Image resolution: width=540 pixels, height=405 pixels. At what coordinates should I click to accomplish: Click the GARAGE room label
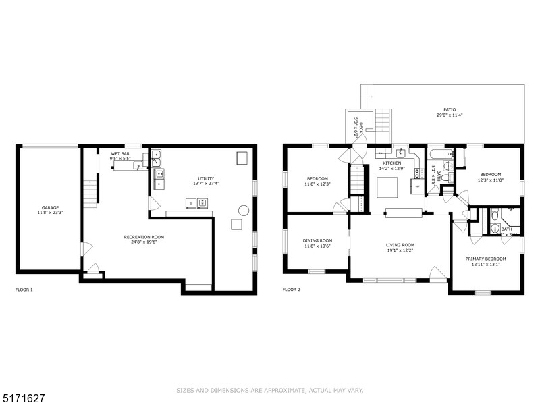pos(51,208)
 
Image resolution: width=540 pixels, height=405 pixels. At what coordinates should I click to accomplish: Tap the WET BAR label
pos(120,154)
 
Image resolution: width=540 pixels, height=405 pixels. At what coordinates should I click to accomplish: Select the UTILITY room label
pos(205,178)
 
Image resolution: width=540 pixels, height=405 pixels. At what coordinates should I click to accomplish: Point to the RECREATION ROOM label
pos(144,237)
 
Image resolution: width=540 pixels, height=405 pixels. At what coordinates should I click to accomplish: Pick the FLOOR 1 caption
pos(24,290)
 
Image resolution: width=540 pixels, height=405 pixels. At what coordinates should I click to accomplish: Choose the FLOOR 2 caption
pos(291,290)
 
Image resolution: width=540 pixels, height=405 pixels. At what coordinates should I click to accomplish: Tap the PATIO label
pos(449,109)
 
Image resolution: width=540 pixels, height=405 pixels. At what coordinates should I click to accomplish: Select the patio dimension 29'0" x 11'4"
pos(449,115)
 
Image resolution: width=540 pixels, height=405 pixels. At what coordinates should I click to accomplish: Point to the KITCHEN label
pos(392,163)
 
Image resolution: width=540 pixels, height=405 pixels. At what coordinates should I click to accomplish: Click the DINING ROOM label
pos(317,240)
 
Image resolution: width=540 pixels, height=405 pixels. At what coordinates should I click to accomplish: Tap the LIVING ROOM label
pos(400,245)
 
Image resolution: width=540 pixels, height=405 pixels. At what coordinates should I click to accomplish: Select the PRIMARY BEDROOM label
pos(485,259)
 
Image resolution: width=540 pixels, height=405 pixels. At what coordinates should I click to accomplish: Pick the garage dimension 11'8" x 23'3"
pos(51,213)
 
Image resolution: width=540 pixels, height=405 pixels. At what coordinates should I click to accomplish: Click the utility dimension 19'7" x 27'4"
pos(205,184)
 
